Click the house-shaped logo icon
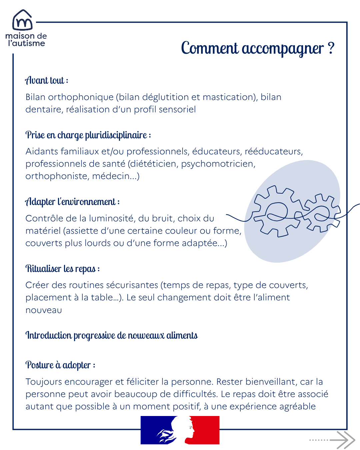[x=22, y=20]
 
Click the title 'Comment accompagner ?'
[x=257, y=49]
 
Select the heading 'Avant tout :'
[x=47, y=81]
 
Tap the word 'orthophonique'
[x=81, y=97]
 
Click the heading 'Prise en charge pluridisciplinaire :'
[x=88, y=135]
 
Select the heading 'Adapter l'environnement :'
[x=72, y=202]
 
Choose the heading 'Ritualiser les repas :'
[x=63, y=269]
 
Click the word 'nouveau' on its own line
[x=44, y=310]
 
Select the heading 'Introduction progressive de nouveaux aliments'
[x=112, y=335]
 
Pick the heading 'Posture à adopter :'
[x=60, y=365]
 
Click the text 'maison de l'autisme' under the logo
[x=26, y=40]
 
